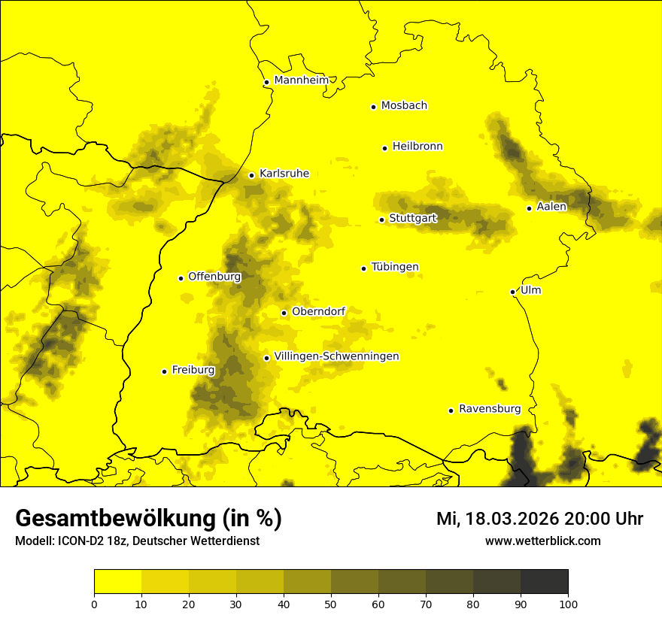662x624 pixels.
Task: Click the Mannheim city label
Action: click(302, 80)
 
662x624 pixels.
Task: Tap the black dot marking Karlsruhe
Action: click(252, 175)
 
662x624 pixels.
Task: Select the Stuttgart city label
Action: click(413, 218)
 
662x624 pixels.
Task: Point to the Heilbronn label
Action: click(418, 146)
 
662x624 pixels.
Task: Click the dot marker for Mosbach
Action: click(373, 107)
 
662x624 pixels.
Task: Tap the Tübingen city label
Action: click(395, 267)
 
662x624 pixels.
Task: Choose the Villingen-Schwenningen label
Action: click(336, 356)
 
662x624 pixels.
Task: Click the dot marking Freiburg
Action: click(164, 371)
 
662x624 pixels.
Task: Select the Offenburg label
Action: click(214, 277)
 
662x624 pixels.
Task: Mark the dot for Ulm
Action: click(512, 292)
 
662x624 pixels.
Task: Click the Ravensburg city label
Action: click(490, 409)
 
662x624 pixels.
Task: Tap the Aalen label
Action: click(551, 207)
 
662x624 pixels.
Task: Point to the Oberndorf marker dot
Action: click(284, 313)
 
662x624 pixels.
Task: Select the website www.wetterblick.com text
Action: click(542, 541)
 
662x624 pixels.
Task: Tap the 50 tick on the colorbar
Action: click(331, 603)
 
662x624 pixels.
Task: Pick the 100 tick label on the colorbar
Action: click(568, 603)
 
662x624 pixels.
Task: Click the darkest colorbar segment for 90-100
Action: click(544, 582)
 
